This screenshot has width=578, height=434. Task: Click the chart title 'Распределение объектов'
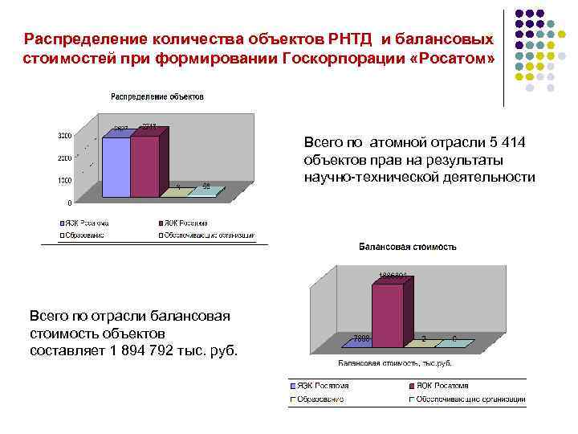[x=157, y=96]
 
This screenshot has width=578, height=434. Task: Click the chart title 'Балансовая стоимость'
[x=407, y=247]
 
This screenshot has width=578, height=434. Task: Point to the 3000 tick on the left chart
[x=64, y=134]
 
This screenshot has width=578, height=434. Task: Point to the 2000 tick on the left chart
[x=64, y=158]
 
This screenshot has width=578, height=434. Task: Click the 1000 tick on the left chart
[x=64, y=180]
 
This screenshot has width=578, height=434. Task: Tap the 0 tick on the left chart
[x=69, y=203]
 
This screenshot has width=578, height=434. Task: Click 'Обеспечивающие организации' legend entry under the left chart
[x=210, y=235]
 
